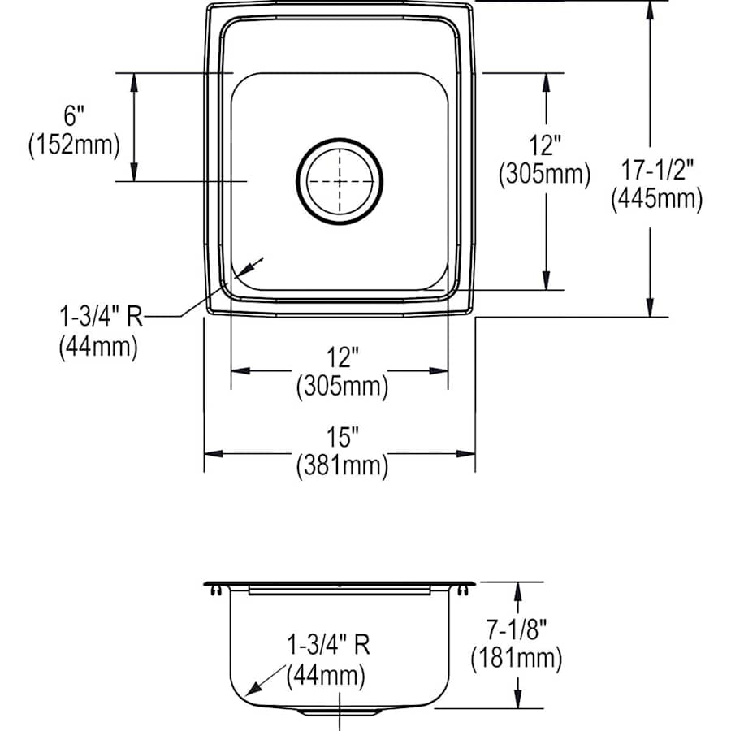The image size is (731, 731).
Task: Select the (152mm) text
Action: pyautogui.click(x=74, y=145)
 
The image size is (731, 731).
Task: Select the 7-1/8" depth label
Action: pyautogui.click(x=516, y=629)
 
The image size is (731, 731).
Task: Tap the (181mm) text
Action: pyautogui.click(x=516, y=657)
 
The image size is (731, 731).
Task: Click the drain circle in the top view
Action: pyautogui.click(x=339, y=180)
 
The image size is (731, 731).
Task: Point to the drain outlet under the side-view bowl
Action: pyautogui.click(x=339, y=712)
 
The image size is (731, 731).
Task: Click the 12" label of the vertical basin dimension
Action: pyautogui.click(x=545, y=146)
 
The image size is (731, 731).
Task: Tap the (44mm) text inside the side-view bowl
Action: pyautogui.click(x=325, y=674)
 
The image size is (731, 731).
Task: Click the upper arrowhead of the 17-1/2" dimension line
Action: pyautogui.click(x=650, y=8)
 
